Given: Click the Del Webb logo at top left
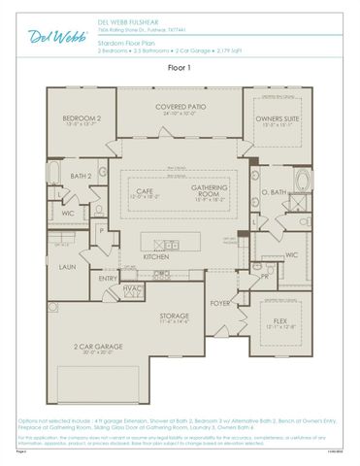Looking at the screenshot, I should click(35, 36).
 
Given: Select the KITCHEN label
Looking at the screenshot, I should click(156, 257).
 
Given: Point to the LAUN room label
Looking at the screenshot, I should click(67, 266).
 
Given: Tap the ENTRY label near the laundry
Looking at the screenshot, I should click(108, 279).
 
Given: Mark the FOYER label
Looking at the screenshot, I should click(221, 302).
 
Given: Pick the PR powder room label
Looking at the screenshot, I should click(265, 275).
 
